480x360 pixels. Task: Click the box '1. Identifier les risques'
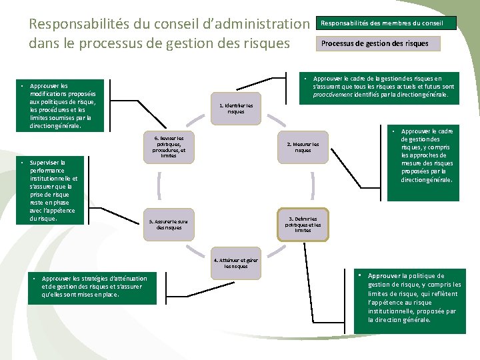click(236, 108)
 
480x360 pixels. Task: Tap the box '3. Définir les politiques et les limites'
click(303, 225)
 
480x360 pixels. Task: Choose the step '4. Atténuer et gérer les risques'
click(236, 263)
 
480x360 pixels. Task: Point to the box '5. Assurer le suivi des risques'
click(168, 225)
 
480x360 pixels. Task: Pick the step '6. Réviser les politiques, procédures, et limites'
click(168, 147)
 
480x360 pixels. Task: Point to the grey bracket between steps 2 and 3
click(312, 185)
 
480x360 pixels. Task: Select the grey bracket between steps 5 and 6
click(159, 185)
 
